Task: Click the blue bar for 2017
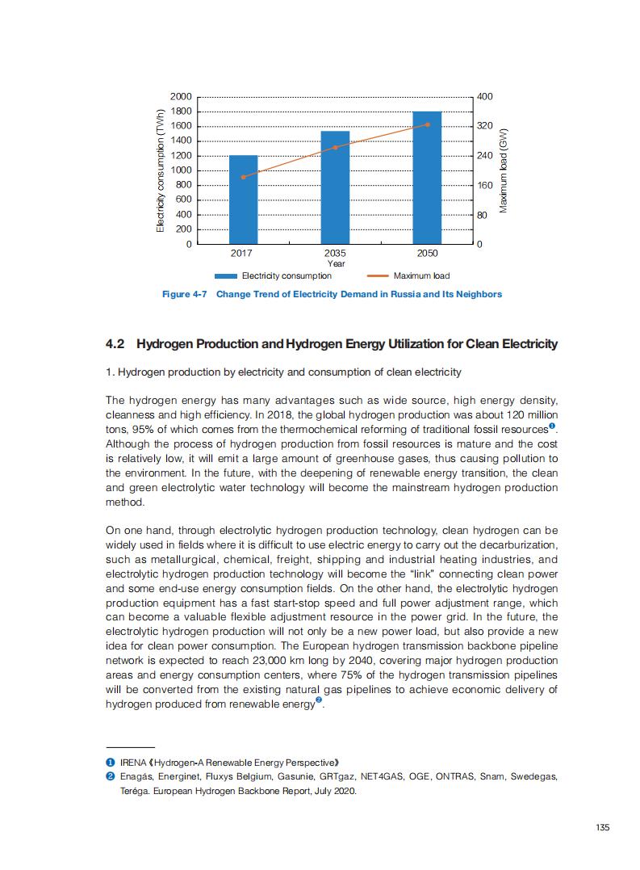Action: pyautogui.click(x=243, y=200)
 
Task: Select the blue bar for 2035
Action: pyautogui.click(x=335, y=187)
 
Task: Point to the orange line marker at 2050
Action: pyautogui.click(x=427, y=124)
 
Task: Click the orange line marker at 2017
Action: pyautogui.click(x=243, y=177)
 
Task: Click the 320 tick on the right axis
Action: pyautogui.click(x=485, y=126)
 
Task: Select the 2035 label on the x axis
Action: pyautogui.click(x=335, y=254)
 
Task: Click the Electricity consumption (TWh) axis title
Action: pyautogui.click(x=160, y=170)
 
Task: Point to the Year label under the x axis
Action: pyautogui.click(x=336, y=263)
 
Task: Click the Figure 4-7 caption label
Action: pyautogui.click(x=185, y=294)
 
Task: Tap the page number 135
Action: pyautogui.click(x=602, y=826)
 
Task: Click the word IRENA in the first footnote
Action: pyautogui.click(x=133, y=763)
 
